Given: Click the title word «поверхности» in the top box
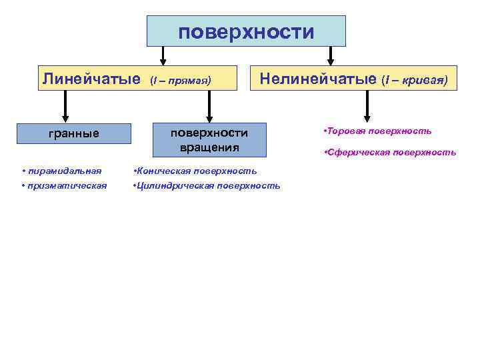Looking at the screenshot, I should [246, 32].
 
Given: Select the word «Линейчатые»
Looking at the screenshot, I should [91, 79].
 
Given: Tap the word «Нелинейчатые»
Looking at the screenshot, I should [318, 79].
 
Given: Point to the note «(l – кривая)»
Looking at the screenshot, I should [415, 81].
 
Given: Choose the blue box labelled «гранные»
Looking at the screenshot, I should [74, 133].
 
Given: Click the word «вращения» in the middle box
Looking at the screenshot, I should [209, 147].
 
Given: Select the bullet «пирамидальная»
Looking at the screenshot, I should [63, 171].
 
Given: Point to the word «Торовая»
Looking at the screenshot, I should [344, 131].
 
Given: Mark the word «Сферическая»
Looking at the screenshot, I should [353, 153].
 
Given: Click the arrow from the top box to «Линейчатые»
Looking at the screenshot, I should [163, 55].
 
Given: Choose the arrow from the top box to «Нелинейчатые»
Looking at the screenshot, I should [329, 55].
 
